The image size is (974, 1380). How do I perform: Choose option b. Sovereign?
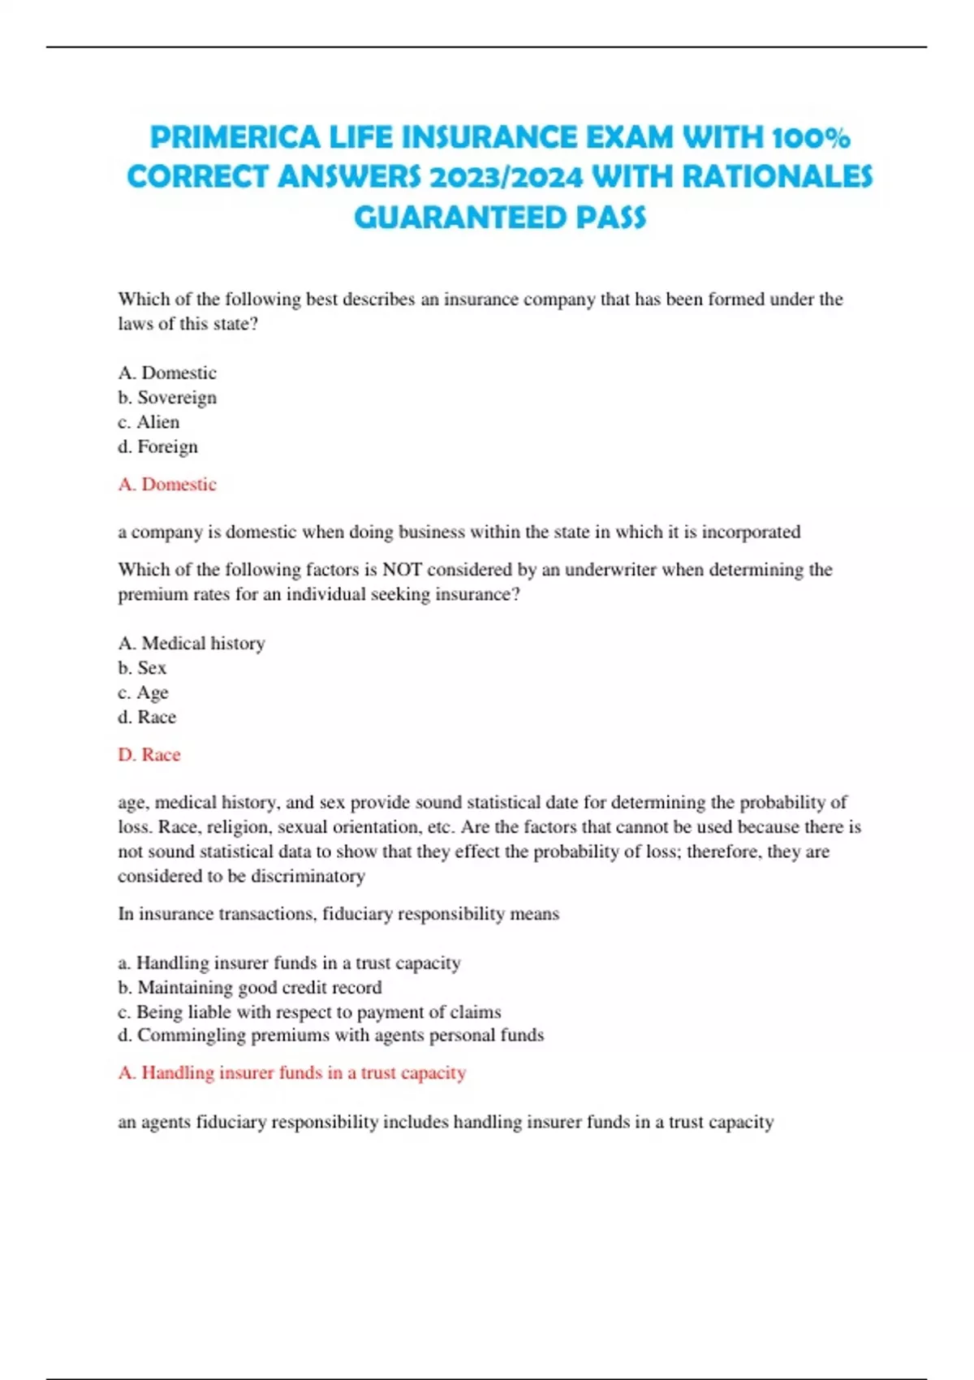click(x=167, y=398)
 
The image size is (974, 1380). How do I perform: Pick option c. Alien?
click(x=149, y=422)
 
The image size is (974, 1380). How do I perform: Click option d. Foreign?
click(x=157, y=446)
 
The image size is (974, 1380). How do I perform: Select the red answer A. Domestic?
click(x=167, y=485)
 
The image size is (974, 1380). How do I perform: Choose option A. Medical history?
click(x=192, y=644)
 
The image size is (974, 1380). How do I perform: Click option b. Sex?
click(x=142, y=668)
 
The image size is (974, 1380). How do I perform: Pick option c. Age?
click(x=143, y=692)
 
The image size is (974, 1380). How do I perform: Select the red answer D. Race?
click(x=149, y=755)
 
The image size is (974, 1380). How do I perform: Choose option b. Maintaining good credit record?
click(x=250, y=988)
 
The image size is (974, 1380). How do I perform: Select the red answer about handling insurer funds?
click(x=292, y=1073)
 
